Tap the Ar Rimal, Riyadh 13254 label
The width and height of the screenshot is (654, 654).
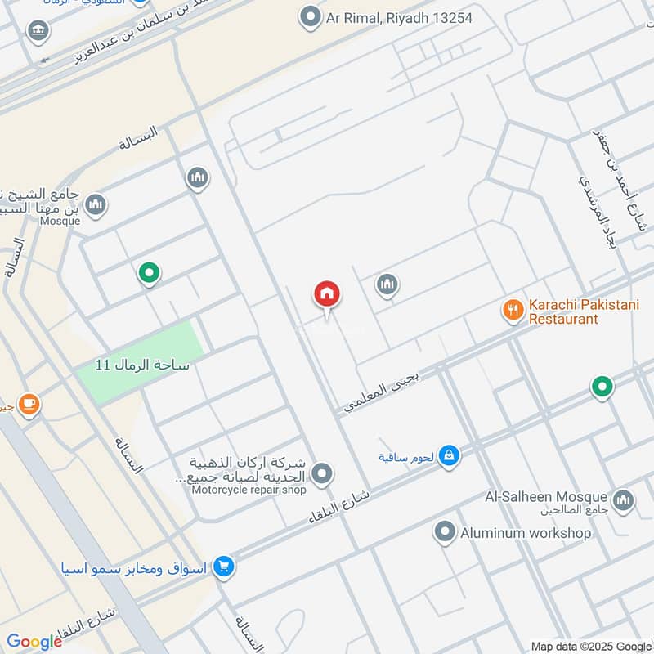pos(400,17)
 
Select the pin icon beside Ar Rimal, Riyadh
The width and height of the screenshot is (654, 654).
pos(310,16)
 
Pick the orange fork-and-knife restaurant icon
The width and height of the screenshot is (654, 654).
pos(513,310)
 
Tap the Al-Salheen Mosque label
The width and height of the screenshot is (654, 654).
pos(546,497)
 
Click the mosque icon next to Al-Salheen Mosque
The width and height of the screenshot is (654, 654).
pos(623,499)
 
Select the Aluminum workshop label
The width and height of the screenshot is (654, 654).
pos(525,533)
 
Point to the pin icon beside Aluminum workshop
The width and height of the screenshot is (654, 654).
pos(445,533)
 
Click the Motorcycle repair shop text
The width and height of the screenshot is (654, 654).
pos(249,490)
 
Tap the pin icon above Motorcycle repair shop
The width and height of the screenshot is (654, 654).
pos(323,473)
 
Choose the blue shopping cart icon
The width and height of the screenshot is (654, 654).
pos(223,566)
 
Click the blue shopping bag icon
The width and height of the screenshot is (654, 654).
pos(448,455)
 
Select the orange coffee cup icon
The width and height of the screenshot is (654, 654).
pos(29,404)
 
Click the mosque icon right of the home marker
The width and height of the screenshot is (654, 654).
pos(387,284)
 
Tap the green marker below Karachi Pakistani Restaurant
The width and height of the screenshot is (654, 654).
pos(602,387)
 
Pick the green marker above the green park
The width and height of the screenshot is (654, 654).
pos(148,273)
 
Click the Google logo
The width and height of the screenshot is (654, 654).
pos(34,642)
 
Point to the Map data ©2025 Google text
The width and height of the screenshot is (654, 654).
pos(590,645)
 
